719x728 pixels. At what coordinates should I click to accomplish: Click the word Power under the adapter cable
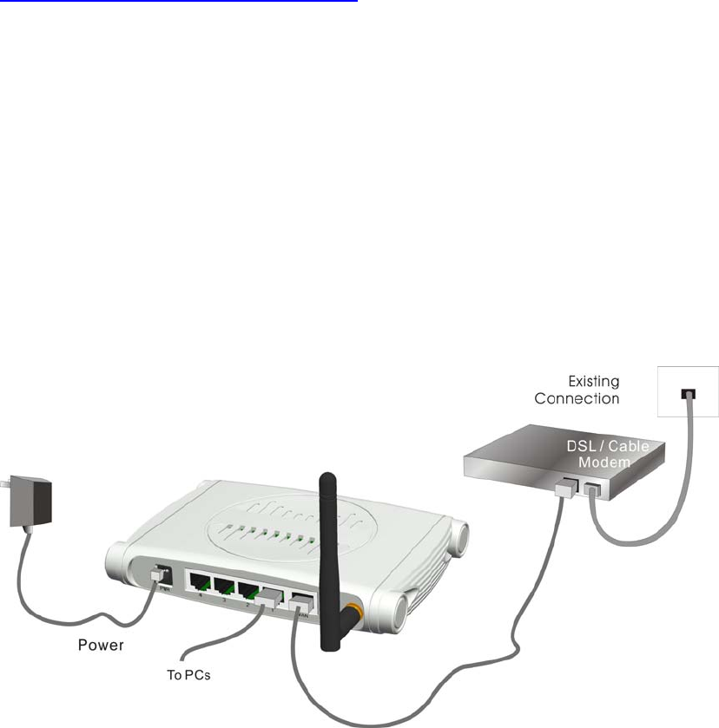click(x=102, y=645)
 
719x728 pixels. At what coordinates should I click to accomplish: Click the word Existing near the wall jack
click(x=593, y=380)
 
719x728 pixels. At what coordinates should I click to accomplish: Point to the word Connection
click(x=577, y=398)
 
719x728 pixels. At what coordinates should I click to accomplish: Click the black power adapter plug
click(x=28, y=502)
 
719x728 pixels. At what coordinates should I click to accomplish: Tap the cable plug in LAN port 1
click(x=271, y=600)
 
